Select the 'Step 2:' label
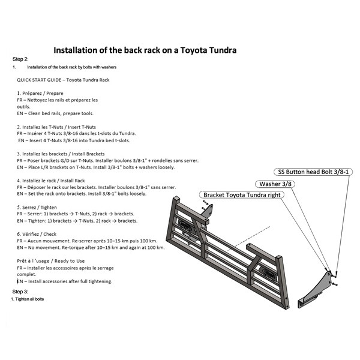tap(20, 60)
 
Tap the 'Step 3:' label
tap(20, 291)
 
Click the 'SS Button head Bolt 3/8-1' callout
tap(314, 172)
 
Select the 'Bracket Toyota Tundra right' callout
tap(242, 196)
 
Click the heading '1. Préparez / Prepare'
tap(41, 94)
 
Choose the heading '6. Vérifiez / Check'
tap(40, 235)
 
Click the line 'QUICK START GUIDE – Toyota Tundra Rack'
tap(63, 80)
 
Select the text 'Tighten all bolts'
tap(29, 299)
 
